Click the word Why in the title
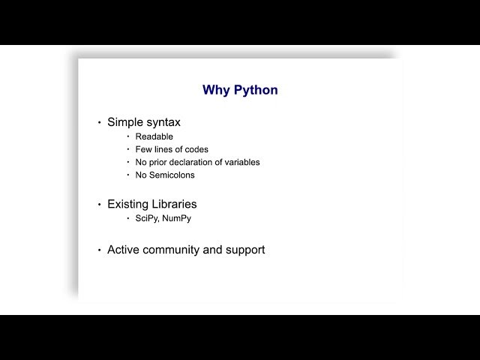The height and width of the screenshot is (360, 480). coord(216,90)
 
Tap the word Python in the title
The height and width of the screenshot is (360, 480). coord(256,90)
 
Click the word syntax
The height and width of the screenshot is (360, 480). coord(162,123)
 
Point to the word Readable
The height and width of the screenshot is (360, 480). coord(154,136)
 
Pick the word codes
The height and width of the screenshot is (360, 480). coord(196,149)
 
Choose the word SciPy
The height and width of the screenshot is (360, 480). coord(147,218)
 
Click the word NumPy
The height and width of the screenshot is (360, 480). coord(177,218)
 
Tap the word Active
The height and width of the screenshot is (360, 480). coord(123,250)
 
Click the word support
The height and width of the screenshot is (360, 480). coord(245,250)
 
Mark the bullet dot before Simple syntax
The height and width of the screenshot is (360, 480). coord(100,123)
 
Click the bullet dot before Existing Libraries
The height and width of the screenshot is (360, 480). coord(100,205)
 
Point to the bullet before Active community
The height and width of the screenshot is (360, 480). coord(100,250)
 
